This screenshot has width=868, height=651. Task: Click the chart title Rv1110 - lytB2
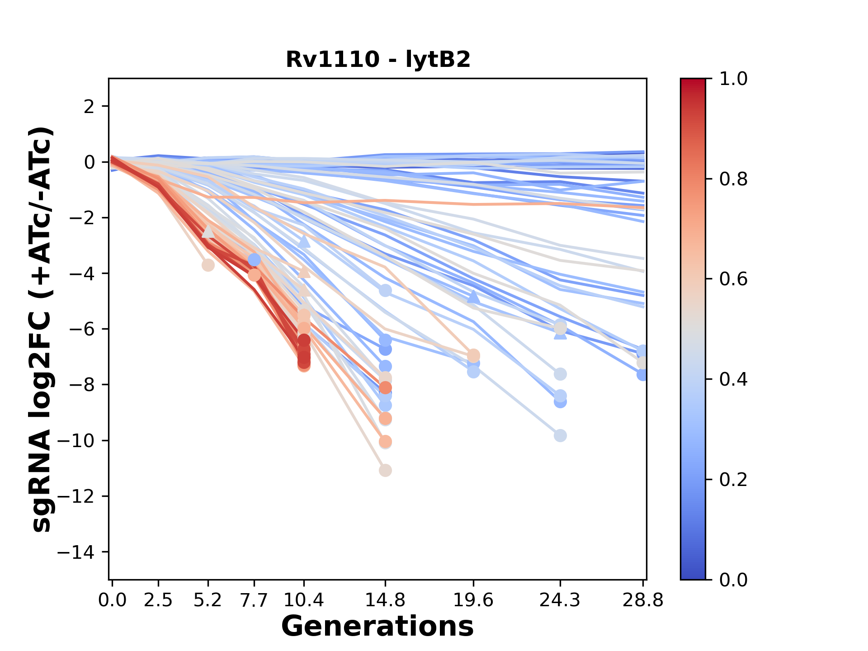pyautogui.click(x=378, y=59)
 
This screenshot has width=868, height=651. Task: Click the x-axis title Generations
pyautogui.click(x=377, y=626)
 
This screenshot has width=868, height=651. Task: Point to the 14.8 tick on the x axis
pyautogui.click(x=385, y=600)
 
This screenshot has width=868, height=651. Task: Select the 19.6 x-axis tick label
pyautogui.click(x=473, y=600)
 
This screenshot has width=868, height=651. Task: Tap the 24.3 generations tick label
pyautogui.click(x=560, y=600)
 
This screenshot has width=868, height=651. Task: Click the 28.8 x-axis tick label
pyautogui.click(x=643, y=600)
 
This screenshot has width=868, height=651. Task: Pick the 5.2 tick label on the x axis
pyautogui.click(x=208, y=600)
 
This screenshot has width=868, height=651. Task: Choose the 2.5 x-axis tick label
pyautogui.click(x=158, y=600)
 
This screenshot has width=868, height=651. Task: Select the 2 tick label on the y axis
pyautogui.click(x=90, y=106)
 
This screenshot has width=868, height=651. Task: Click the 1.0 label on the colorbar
pyautogui.click(x=733, y=79)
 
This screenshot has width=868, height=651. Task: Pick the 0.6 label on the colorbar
pyautogui.click(x=733, y=279)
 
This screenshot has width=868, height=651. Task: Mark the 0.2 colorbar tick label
pyautogui.click(x=733, y=479)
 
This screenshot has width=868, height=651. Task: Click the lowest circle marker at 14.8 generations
pyautogui.click(x=385, y=471)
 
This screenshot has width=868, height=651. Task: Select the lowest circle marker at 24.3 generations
pyautogui.click(x=560, y=436)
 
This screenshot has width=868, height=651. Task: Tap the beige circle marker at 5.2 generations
pyautogui.click(x=208, y=265)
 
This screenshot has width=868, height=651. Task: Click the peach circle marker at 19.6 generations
pyautogui.click(x=473, y=355)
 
